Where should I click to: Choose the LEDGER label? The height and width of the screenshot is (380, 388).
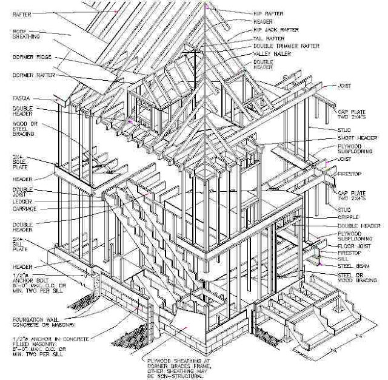[x=22, y=201]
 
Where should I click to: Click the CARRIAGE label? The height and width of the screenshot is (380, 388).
[x=24, y=208]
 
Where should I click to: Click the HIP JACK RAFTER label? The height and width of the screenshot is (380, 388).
[x=275, y=30]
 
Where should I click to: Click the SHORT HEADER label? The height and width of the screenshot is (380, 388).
[x=355, y=137]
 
